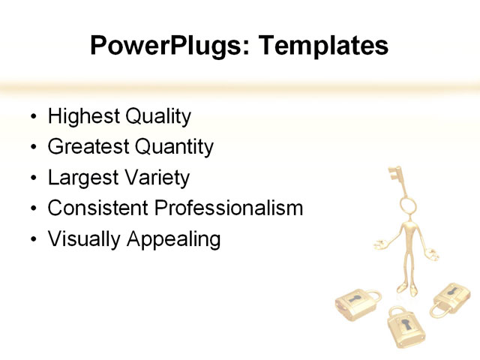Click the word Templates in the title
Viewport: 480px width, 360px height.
pyautogui.click(x=323, y=46)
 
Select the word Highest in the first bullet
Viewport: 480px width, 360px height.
pyautogui.click(x=82, y=117)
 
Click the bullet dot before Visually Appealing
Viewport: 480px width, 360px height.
pyautogui.click(x=31, y=241)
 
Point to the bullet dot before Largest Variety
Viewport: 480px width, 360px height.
pyautogui.click(x=31, y=179)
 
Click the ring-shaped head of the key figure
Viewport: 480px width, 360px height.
pyautogui.click(x=408, y=205)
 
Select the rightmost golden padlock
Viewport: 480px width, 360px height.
pyautogui.click(x=451, y=299)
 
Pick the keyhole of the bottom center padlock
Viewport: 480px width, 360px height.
pyautogui.click(x=405, y=327)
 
